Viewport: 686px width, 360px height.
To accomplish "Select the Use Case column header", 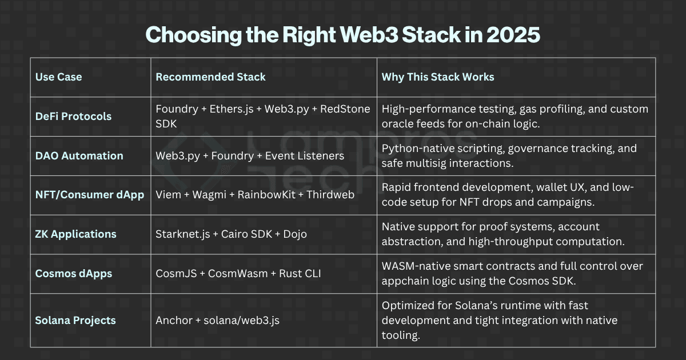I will click(58, 77).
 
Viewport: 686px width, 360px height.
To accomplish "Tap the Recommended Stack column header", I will click(210, 77).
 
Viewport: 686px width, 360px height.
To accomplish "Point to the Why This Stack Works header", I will click(438, 77).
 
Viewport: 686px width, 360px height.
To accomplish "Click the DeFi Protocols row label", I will click(73, 116).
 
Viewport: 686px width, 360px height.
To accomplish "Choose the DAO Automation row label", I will click(79, 155).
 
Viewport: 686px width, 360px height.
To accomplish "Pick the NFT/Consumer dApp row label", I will click(90, 195).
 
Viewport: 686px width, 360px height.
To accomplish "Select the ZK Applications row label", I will click(75, 234).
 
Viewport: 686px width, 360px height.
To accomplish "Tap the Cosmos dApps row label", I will click(74, 273).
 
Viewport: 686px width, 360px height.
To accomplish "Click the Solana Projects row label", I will click(75, 320).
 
